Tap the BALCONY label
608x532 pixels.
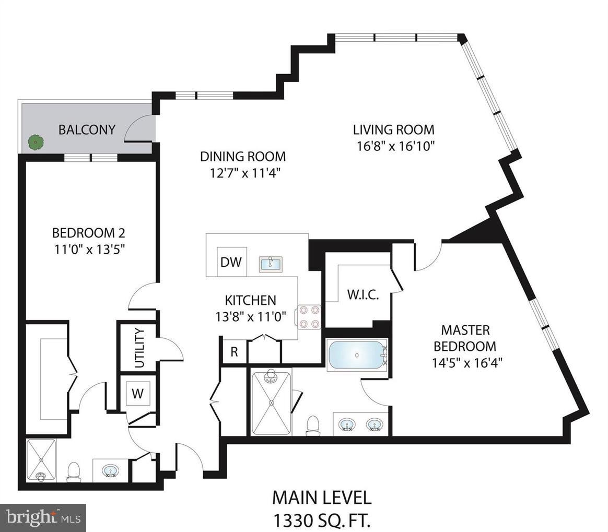87,129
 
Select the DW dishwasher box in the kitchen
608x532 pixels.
231,262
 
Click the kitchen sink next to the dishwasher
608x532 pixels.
271,263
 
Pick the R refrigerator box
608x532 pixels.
234,352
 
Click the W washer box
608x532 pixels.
137,393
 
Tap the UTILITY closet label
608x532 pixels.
139,348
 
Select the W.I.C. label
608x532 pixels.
363,295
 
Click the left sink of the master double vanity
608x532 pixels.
346,424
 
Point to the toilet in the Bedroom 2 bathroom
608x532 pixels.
74,471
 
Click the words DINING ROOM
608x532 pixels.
243,156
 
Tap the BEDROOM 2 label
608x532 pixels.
88,232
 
